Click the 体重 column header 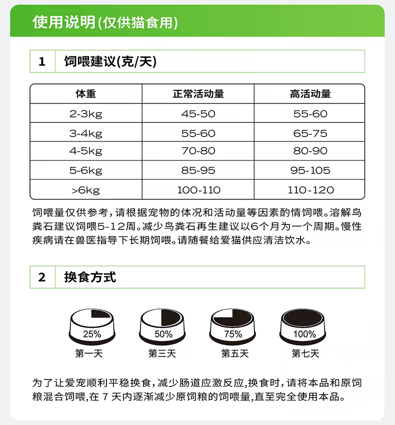[x=85, y=94]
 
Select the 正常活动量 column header [x=198, y=94]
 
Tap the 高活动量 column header [x=310, y=94]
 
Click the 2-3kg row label [x=85, y=114]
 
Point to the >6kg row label [x=85, y=190]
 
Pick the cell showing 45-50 [x=198, y=114]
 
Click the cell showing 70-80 [x=198, y=150]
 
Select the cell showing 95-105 [x=310, y=170]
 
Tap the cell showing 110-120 [x=310, y=190]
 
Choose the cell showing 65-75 [x=310, y=133]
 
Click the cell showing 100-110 [x=198, y=190]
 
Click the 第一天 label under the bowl [x=89, y=353]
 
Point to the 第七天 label [x=305, y=353]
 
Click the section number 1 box [x=42, y=61]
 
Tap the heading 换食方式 [x=90, y=277]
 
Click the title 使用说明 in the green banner [x=63, y=21]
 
